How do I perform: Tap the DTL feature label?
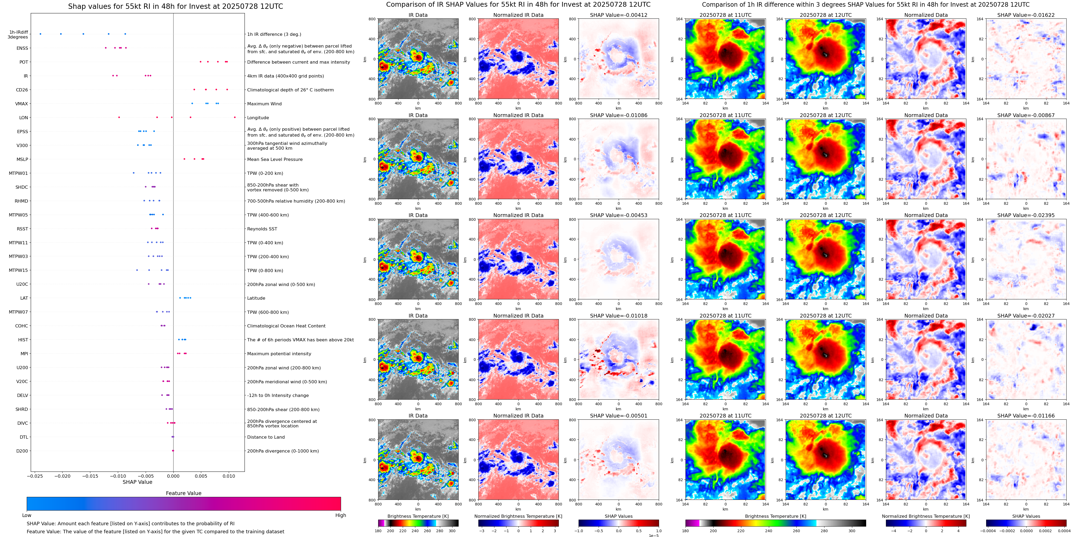pos(24,437)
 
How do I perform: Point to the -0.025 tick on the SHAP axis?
pos(36,476)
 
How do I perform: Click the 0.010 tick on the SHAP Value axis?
pos(228,476)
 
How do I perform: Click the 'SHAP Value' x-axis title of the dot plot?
pos(137,482)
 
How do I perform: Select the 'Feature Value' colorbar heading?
pos(183,493)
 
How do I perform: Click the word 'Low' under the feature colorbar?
pos(27,515)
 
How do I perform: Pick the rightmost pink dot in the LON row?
pos(235,118)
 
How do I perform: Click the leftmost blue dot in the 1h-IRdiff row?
pos(40,34)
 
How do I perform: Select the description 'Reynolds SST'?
pos(262,229)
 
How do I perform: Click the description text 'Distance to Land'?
pos(266,437)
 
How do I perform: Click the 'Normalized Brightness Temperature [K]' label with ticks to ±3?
pos(518,516)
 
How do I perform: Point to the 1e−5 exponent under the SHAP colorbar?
pos(653,535)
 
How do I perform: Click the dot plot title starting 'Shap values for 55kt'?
pos(175,6)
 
